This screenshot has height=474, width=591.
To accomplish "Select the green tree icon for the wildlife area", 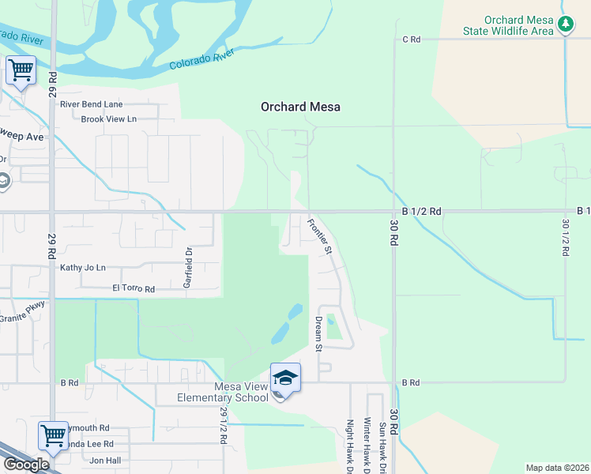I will (x=566, y=24).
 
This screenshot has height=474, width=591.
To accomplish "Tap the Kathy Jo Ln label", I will (x=82, y=268).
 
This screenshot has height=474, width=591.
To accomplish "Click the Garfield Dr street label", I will (x=190, y=267).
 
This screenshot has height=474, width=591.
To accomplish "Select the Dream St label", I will (x=319, y=334).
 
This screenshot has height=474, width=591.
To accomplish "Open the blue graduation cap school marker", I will (x=285, y=378).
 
